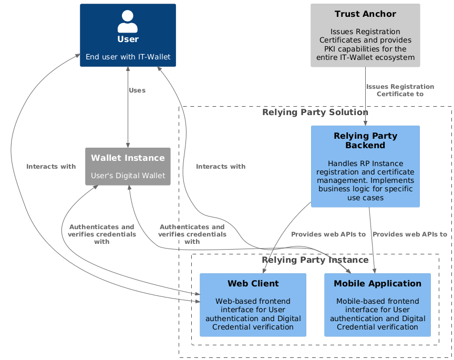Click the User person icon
[x=128, y=21]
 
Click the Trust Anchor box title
[x=365, y=14]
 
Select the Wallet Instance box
[x=128, y=166]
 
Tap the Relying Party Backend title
[x=365, y=140]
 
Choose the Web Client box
[x=253, y=304]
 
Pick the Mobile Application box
[x=377, y=304]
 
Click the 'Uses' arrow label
[x=137, y=90]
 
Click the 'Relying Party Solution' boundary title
[x=315, y=112]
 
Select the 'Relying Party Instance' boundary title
[x=315, y=260]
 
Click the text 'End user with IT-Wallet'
[x=128, y=56]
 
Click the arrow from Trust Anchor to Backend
[x=365, y=105]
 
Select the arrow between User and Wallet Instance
[x=128, y=116]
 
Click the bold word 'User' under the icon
[x=128, y=39]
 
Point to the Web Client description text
[x=253, y=314]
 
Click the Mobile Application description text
[x=377, y=314]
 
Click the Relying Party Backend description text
[x=365, y=180]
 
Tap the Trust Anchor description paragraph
[x=365, y=45]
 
